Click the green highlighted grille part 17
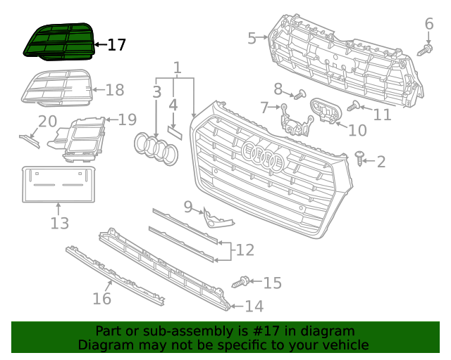tap(59, 40)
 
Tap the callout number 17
tap(116, 45)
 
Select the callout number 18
tap(114, 89)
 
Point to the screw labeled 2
tap(360, 159)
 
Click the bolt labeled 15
tap(240, 283)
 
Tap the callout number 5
tap(252, 38)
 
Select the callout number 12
tap(245, 250)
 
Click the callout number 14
tap(254, 306)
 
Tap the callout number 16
tap(101, 298)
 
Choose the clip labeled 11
tap(354, 106)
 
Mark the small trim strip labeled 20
tap(30, 139)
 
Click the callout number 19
tap(127, 120)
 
